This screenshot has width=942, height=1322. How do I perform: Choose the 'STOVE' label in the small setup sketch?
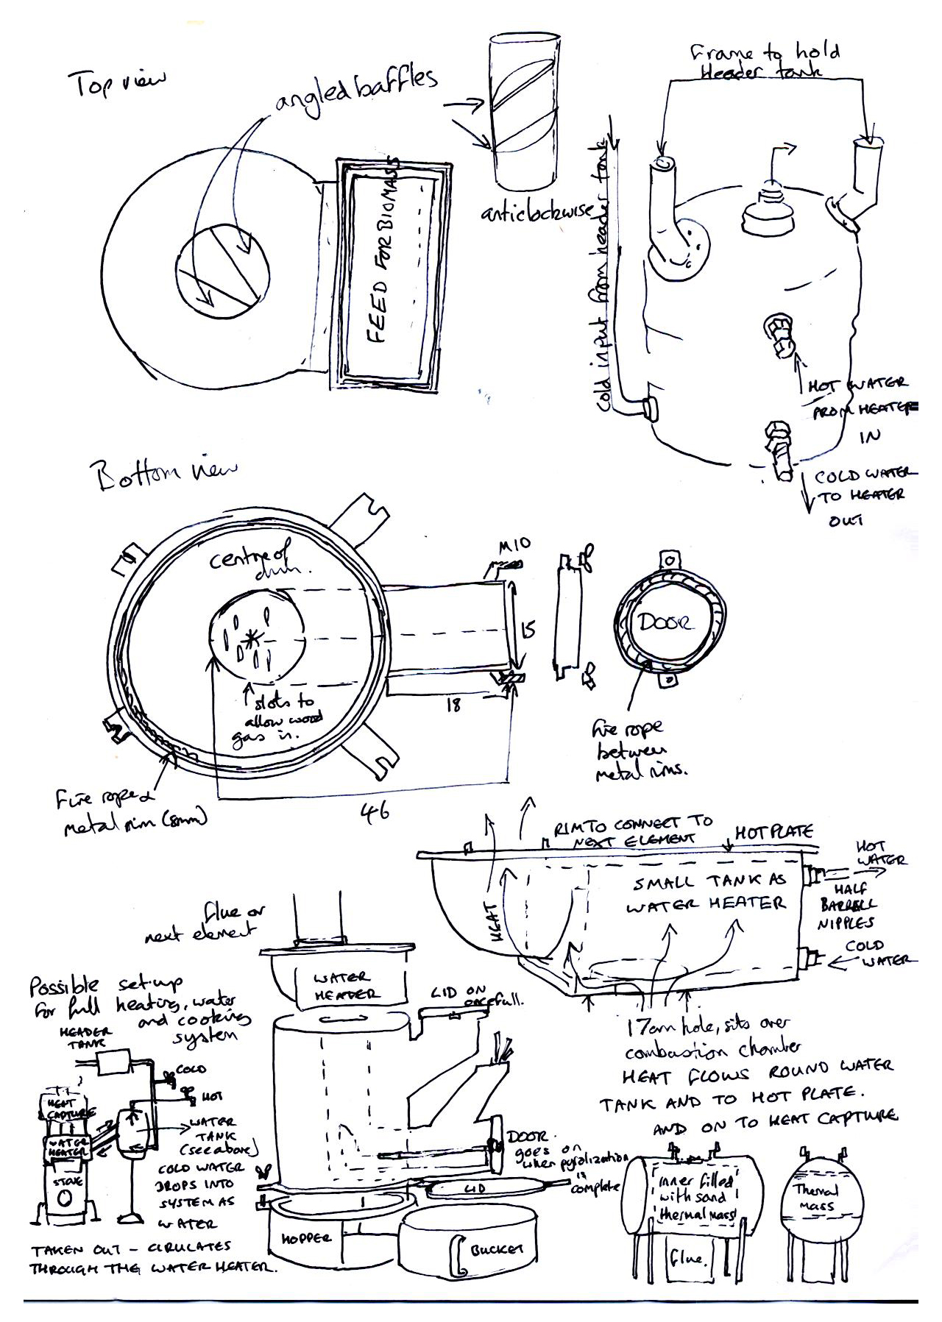64,1182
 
